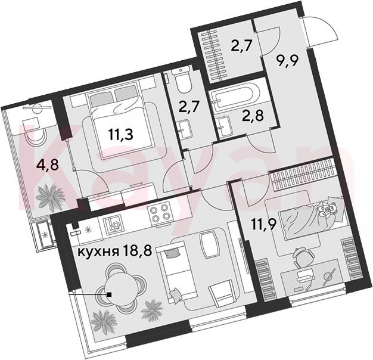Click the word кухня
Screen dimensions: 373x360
click(x=98, y=252)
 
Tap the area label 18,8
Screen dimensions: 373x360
click(x=137, y=251)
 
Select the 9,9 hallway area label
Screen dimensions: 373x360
click(x=287, y=61)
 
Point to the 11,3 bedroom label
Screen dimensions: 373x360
click(x=120, y=135)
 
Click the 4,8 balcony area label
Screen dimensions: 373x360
click(x=48, y=165)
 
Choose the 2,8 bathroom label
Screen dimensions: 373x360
click(x=252, y=116)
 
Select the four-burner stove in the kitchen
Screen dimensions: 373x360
click(x=160, y=212)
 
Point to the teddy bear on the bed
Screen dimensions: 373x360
click(x=328, y=207)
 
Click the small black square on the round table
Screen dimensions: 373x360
click(x=109, y=294)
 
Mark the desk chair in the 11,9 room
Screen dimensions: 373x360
click(x=303, y=256)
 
